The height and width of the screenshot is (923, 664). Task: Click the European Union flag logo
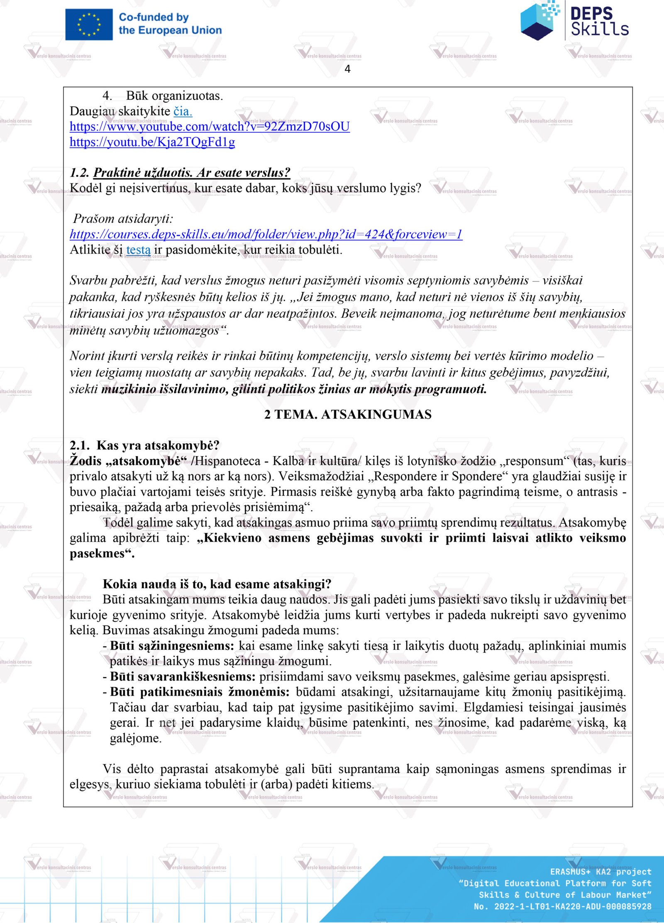click(89, 24)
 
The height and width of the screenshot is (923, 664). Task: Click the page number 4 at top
click(347, 69)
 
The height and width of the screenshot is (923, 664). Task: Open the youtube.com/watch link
click(210, 127)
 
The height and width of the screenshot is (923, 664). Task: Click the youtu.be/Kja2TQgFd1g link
click(152, 142)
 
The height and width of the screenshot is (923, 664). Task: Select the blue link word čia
click(183, 111)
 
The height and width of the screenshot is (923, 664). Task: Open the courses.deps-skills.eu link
click(266, 234)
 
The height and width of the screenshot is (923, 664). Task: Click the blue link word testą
click(138, 250)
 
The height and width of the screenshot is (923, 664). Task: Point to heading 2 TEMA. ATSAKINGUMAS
click(348, 414)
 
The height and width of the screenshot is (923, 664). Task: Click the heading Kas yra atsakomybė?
click(158, 445)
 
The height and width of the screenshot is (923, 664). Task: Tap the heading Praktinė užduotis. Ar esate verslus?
click(191, 173)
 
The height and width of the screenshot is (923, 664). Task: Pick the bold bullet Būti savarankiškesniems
click(183, 677)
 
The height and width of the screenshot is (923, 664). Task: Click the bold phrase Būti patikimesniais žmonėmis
click(200, 692)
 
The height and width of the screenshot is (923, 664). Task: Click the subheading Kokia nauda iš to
click(217, 584)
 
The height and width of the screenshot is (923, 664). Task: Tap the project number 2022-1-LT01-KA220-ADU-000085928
click(572, 907)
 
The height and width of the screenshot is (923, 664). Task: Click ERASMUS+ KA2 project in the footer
click(601, 872)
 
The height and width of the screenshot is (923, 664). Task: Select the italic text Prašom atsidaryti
click(123, 219)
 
